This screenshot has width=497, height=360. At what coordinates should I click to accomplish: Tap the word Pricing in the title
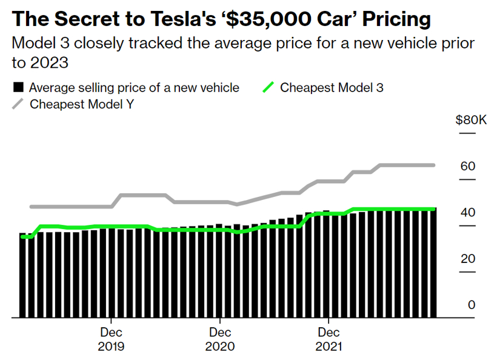[392, 19]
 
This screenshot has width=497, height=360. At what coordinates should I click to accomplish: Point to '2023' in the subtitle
[42, 63]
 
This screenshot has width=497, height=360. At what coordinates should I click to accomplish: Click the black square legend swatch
[19, 87]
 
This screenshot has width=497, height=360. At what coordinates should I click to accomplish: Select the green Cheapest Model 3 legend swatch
[268, 87]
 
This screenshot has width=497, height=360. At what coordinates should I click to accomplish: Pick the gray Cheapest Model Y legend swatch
[19, 104]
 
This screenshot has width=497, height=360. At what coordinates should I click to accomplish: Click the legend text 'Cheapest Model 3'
[332, 87]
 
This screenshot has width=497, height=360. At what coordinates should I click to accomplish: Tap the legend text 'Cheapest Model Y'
[82, 104]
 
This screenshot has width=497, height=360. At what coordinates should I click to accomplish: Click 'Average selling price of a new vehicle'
[134, 87]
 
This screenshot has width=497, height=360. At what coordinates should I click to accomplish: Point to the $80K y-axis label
[470, 120]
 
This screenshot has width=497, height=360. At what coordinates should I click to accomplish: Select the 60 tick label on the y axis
[469, 167]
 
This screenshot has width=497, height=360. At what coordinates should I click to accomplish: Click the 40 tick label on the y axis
[469, 213]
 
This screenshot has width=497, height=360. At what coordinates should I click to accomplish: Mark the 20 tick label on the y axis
[469, 259]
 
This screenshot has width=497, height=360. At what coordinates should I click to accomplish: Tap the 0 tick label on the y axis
[472, 305]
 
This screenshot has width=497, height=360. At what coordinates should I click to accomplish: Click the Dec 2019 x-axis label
[111, 339]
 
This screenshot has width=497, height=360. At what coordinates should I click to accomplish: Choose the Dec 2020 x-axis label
[220, 339]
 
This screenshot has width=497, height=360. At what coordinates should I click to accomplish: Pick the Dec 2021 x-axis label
[329, 339]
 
